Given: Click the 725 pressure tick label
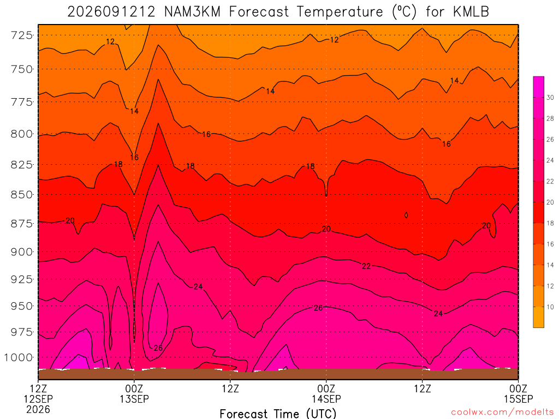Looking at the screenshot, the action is click(x=22, y=35).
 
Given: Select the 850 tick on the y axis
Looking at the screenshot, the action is click(x=22, y=195).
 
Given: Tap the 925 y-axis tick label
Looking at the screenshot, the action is click(x=22, y=279).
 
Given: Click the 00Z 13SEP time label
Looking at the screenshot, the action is click(x=134, y=393).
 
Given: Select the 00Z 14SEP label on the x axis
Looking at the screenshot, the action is click(x=326, y=393).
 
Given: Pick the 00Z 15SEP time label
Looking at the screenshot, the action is click(x=519, y=393).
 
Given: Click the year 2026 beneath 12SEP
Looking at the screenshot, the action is click(x=38, y=409).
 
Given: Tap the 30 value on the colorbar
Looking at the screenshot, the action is click(x=550, y=97).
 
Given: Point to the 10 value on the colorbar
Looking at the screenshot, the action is click(x=550, y=307).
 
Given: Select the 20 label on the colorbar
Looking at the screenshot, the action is click(x=550, y=202).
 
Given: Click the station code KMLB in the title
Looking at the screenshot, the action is click(x=471, y=12).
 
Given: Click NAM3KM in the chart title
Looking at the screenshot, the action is click(x=193, y=12).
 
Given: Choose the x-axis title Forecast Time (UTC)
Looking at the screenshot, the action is click(x=278, y=414).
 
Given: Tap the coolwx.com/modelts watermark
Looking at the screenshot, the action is click(x=502, y=412).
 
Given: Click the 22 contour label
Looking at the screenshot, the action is click(x=366, y=266).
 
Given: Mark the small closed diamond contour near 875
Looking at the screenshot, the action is click(x=406, y=215).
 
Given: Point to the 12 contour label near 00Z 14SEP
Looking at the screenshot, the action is click(x=335, y=40).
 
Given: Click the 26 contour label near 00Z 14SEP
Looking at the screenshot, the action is click(x=318, y=308).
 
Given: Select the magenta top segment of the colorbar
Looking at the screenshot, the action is click(x=539, y=87).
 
